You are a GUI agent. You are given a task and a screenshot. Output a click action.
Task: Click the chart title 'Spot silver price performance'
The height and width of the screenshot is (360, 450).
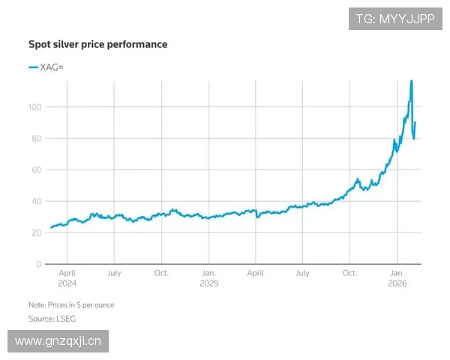97,44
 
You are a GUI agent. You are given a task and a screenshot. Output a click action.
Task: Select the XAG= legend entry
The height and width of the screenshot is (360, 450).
46,67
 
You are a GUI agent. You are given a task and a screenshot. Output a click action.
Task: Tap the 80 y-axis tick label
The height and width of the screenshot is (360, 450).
35,139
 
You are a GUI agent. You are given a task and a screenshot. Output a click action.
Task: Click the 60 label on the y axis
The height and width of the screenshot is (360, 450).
35,170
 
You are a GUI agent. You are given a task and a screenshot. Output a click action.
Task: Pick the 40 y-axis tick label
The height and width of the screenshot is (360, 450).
35,202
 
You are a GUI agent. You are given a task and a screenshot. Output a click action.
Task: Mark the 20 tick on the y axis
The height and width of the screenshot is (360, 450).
35,233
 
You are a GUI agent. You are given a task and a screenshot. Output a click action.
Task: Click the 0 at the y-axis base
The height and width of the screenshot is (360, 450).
37,265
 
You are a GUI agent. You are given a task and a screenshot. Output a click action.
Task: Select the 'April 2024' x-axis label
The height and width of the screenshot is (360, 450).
67,278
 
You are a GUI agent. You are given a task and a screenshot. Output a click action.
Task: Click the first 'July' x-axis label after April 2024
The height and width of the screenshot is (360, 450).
113,274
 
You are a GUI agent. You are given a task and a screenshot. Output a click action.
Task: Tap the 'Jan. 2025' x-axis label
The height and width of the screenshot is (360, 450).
208,278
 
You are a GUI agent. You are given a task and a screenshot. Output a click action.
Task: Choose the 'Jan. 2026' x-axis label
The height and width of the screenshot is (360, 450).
397,278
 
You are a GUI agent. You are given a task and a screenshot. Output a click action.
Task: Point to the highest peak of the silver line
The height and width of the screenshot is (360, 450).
411,80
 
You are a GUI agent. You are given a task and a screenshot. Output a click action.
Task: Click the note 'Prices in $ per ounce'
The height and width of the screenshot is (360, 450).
71,305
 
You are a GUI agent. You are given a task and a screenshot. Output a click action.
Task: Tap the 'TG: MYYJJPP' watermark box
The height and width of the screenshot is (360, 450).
395,19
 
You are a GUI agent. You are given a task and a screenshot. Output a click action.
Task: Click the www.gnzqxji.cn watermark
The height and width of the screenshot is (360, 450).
59,341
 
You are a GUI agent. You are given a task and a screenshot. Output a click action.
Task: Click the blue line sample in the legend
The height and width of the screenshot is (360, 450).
33,67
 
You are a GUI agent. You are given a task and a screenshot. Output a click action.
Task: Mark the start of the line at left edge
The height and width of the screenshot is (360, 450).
51,227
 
